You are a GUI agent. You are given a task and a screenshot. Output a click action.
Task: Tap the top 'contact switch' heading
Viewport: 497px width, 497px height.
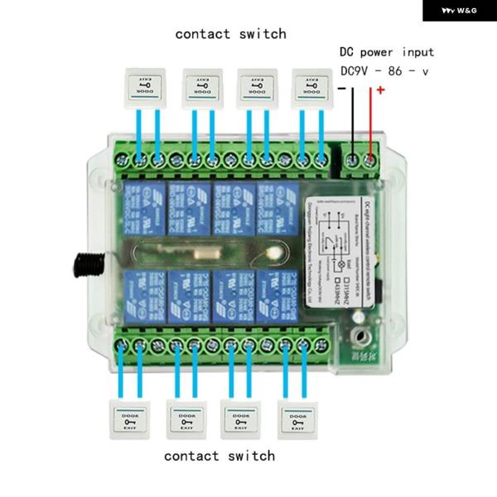[230, 34]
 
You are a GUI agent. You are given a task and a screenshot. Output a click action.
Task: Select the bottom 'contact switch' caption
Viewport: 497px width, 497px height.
[220, 456]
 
